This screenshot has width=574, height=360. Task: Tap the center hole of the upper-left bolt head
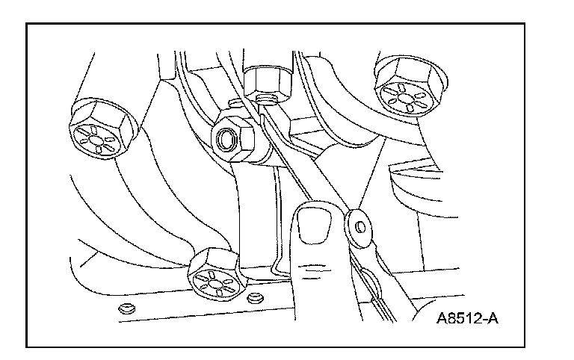click(99, 140)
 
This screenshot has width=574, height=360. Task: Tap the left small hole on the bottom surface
click(125, 308)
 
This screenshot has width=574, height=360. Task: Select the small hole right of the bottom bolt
click(256, 298)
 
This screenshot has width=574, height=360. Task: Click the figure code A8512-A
click(467, 323)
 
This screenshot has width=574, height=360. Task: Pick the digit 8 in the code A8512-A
click(452, 323)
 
